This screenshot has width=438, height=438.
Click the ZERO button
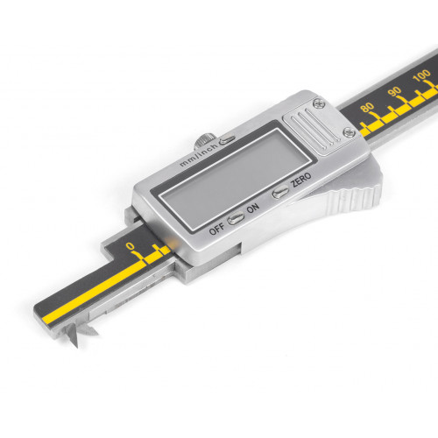pos(280,193)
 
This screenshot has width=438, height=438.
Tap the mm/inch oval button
pos(227,140)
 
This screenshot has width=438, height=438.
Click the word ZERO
pos(301,180)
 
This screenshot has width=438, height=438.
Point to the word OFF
pos(216,229)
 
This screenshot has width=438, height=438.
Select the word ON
pos(253,208)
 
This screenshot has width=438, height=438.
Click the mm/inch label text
pos(198,155)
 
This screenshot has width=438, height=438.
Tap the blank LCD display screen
pos(236,179)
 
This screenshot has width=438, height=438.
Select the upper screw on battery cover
pos(319,103)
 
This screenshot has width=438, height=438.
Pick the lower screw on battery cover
pos(349,132)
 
